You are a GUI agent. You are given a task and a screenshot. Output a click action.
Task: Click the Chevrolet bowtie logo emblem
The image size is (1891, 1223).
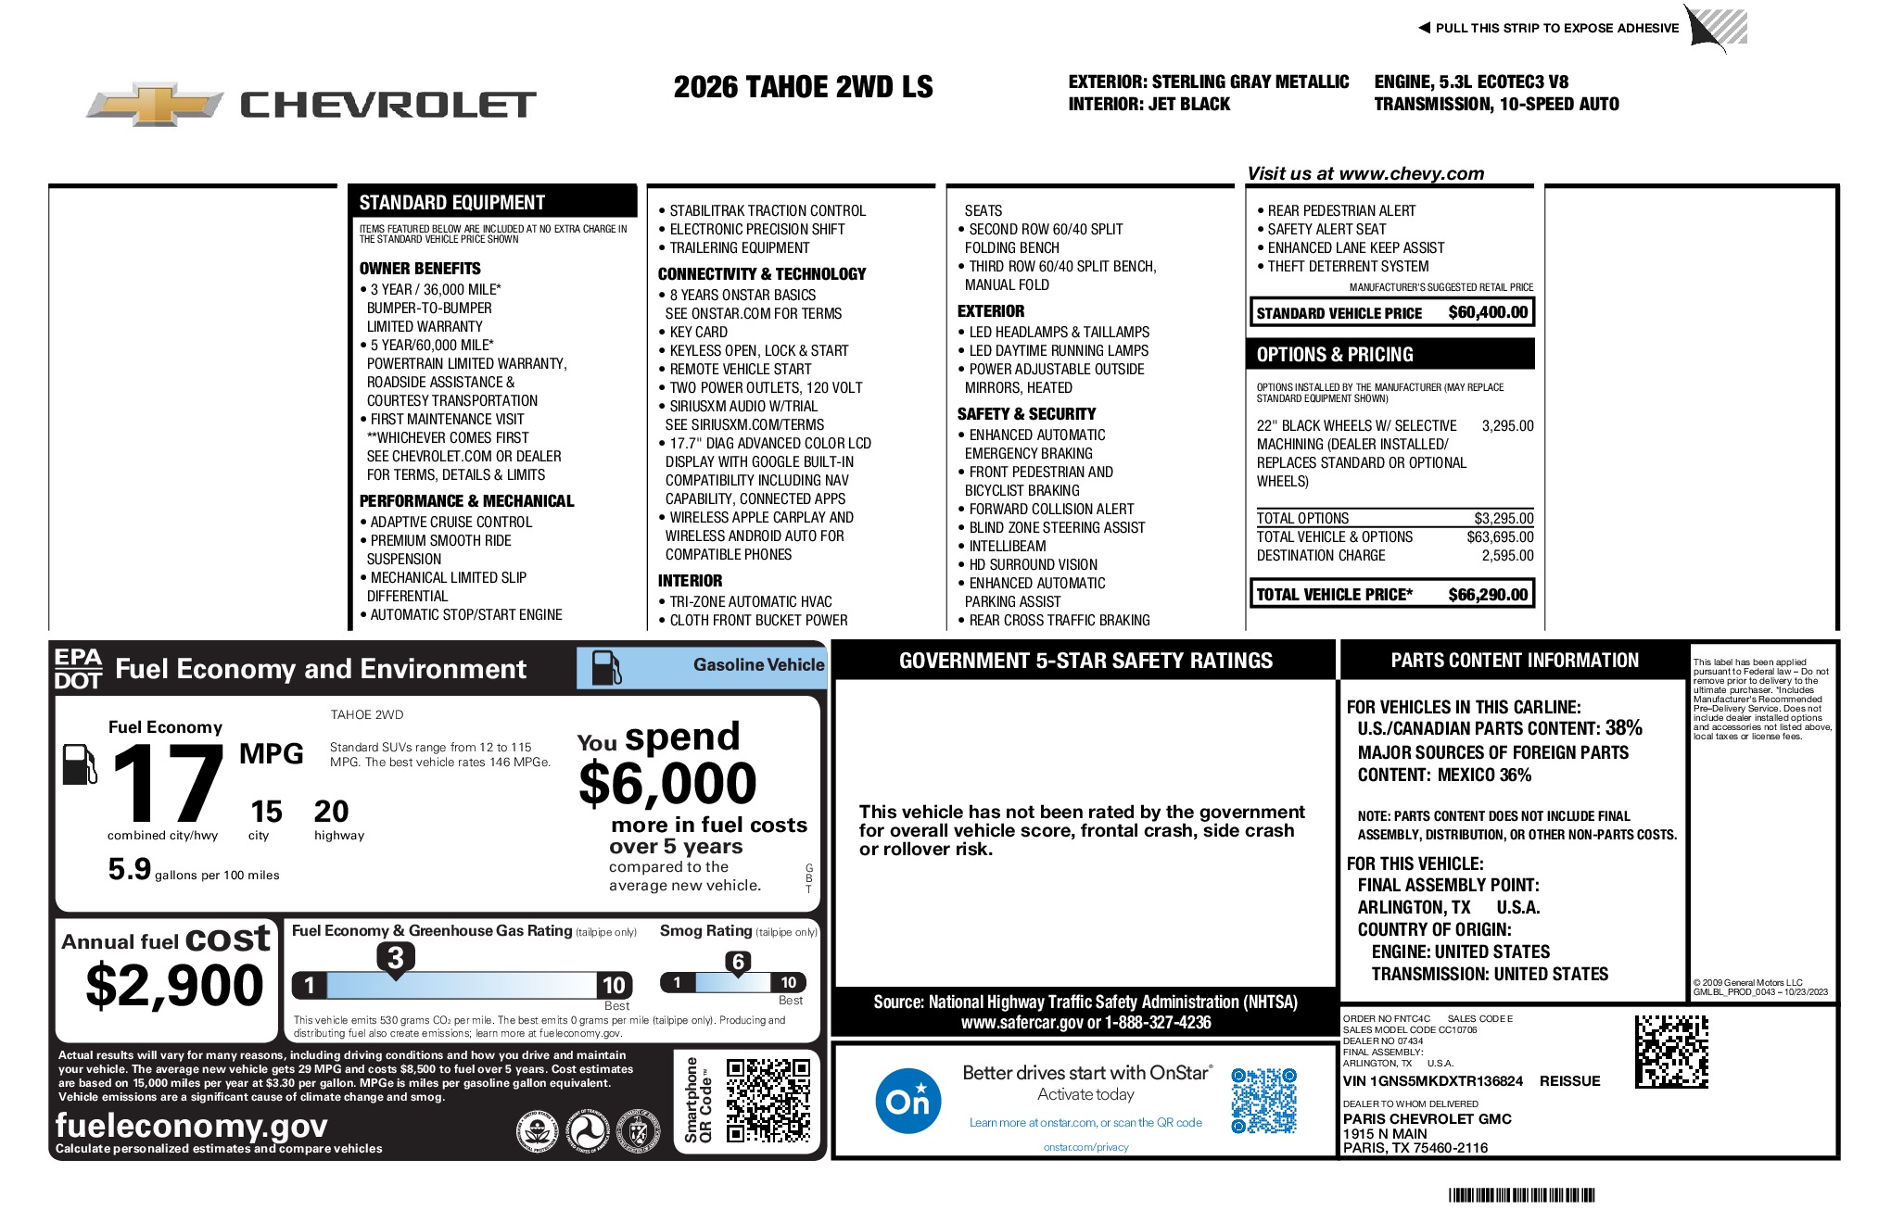click(x=155, y=105)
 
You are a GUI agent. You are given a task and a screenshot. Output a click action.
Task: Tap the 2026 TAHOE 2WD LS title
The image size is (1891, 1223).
click(x=803, y=87)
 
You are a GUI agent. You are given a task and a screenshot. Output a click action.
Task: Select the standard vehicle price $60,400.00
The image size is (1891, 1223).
click(x=1487, y=312)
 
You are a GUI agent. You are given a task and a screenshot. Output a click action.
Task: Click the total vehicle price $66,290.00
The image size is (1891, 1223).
click(x=1487, y=594)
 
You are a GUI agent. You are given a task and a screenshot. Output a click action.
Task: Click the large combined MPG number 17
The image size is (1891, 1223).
click(x=167, y=785)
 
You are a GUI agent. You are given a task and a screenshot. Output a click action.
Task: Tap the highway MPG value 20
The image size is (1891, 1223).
click(x=331, y=812)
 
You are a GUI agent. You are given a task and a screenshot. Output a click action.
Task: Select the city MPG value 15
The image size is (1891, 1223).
click(x=266, y=812)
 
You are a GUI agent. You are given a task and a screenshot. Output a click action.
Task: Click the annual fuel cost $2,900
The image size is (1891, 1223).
click(x=174, y=985)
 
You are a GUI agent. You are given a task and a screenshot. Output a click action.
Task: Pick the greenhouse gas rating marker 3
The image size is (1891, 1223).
click(x=395, y=958)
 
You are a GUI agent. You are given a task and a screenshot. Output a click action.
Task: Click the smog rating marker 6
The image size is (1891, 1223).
click(x=738, y=962)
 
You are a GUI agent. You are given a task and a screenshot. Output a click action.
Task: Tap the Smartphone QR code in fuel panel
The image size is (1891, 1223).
click(x=768, y=1100)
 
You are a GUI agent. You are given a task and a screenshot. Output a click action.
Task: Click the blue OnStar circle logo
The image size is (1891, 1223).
click(x=907, y=1101)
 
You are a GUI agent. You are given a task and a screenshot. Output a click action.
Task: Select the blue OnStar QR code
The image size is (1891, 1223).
click(x=1263, y=1101)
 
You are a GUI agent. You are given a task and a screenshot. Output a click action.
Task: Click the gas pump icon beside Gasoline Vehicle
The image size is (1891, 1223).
click(x=606, y=667)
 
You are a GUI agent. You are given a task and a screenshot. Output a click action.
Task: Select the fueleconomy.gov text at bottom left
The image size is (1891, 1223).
click(x=191, y=1125)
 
